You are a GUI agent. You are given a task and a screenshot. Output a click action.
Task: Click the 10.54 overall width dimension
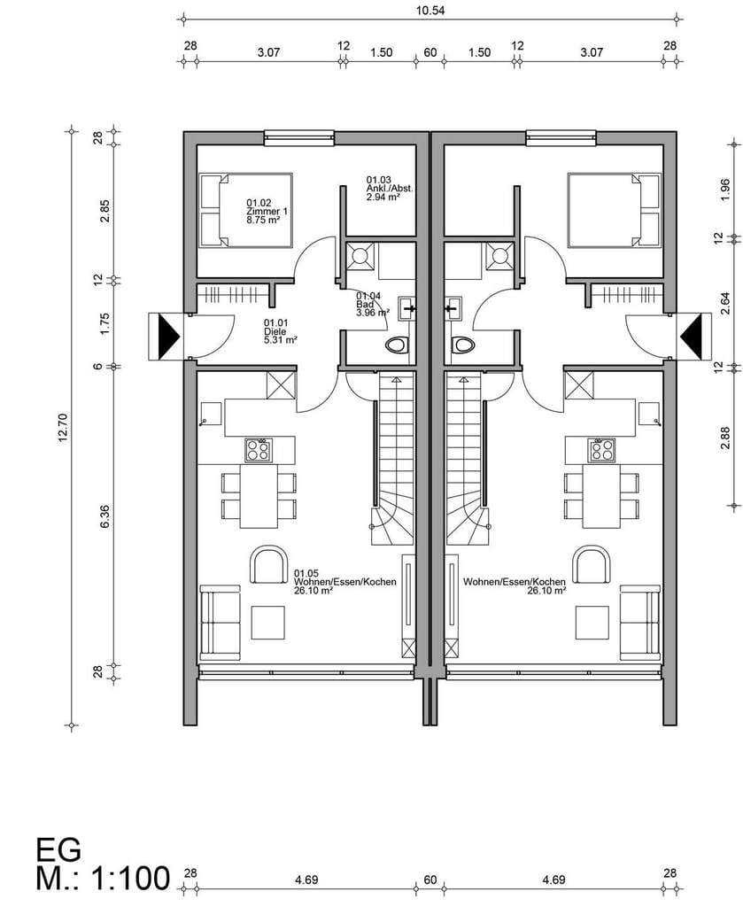(430, 10)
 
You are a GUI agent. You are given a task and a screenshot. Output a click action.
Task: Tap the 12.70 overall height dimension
(63, 428)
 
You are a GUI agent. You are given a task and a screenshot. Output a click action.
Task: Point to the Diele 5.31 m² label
(281, 331)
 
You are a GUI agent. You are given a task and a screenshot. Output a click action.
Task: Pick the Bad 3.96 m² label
(372, 305)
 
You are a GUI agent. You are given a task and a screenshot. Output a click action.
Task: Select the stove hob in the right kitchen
(601, 450)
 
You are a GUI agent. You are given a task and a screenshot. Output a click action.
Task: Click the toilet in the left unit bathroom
(398, 345)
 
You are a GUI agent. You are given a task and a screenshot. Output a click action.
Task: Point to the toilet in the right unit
(462, 345)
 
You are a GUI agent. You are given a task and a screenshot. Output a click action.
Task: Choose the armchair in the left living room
(269, 564)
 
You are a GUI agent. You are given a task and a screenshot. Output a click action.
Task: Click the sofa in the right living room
(640, 623)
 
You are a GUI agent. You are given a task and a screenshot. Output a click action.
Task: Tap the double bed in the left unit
(245, 211)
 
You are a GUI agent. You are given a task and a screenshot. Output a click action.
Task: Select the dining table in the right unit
(600, 496)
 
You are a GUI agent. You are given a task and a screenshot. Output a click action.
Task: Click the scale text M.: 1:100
(103, 878)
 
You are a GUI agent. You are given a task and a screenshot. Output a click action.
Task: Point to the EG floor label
(58, 849)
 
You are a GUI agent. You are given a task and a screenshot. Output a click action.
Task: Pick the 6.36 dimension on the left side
(104, 516)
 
